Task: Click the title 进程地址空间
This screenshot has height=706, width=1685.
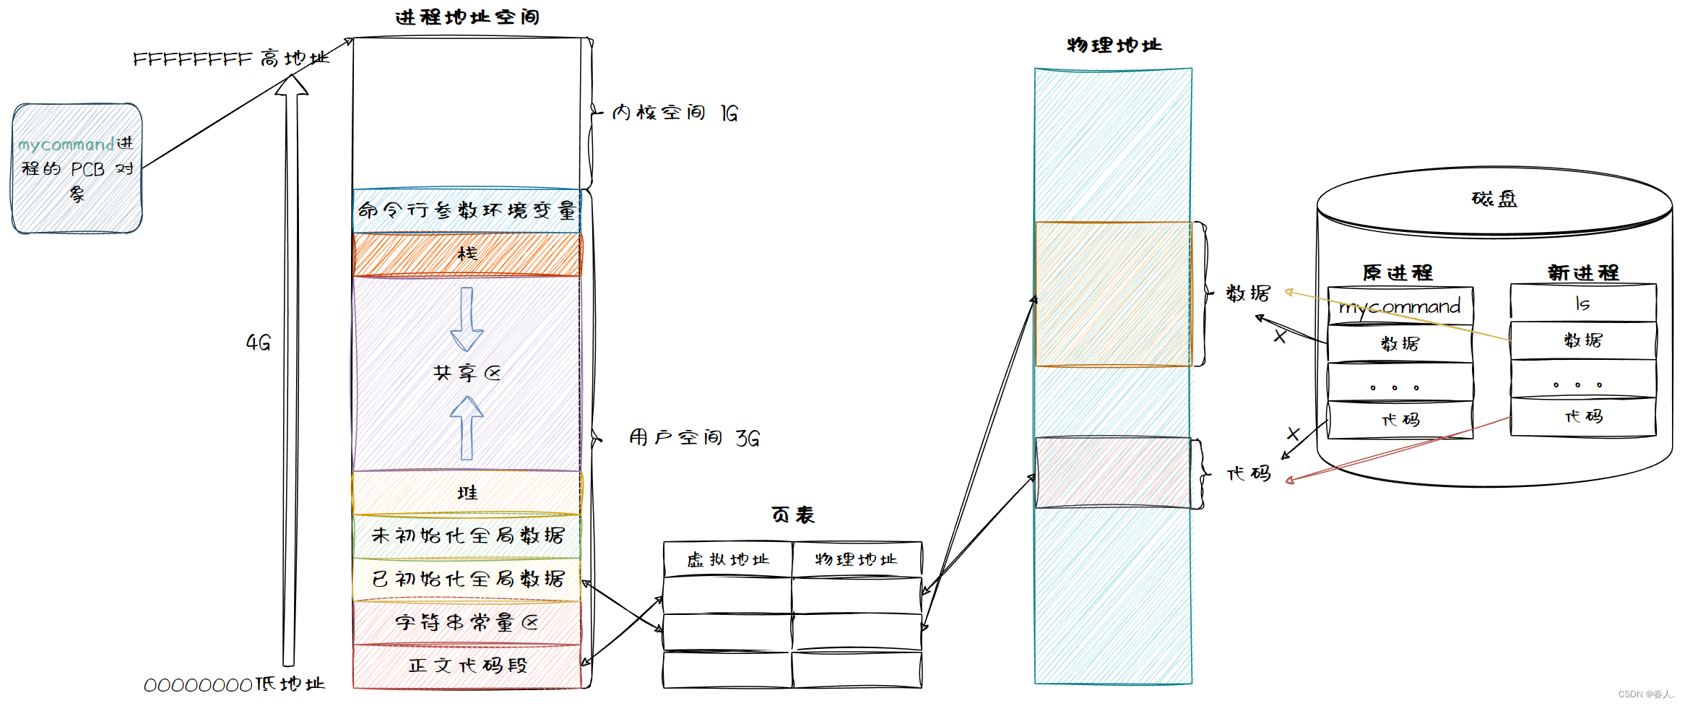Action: tap(467, 17)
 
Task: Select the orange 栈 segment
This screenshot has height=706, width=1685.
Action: tap(467, 254)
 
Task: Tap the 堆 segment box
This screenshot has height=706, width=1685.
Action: tap(467, 493)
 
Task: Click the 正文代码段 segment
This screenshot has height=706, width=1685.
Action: tap(467, 666)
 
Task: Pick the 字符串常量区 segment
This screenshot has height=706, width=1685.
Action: tap(467, 622)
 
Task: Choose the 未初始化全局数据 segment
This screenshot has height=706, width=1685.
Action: tap(467, 535)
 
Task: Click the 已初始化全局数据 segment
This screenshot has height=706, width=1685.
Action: tap(467, 579)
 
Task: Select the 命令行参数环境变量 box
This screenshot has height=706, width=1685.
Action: tap(467, 210)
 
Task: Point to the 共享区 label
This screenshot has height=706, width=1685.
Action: tap(467, 373)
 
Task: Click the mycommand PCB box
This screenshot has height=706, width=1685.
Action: tap(77, 168)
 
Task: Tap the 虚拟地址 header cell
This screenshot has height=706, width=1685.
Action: tap(727, 560)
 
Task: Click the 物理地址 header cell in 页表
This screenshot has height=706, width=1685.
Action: tap(857, 560)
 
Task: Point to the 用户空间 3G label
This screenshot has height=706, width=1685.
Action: tap(693, 438)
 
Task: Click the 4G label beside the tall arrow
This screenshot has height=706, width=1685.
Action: tap(258, 343)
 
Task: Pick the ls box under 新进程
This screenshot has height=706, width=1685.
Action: tap(1582, 304)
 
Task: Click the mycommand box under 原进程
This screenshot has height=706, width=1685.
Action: tap(1400, 307)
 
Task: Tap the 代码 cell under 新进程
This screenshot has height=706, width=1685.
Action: tap(1582, 417)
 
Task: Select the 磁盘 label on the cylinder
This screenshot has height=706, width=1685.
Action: tap(1494, 199)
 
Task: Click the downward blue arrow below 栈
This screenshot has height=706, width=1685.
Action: tap(467, 318)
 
